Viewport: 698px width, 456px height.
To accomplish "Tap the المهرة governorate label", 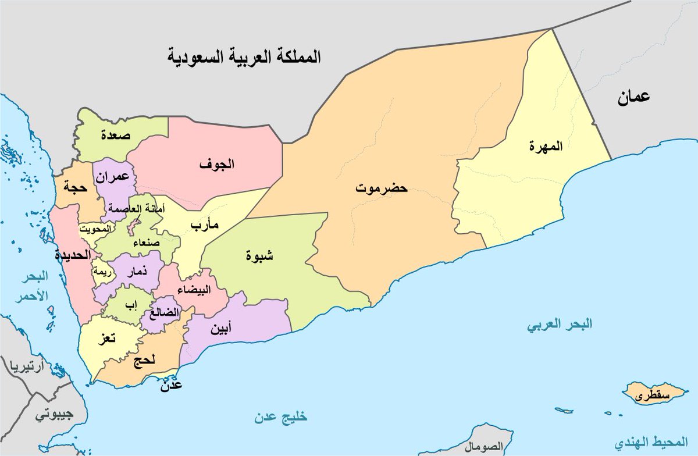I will (x=546, y=147).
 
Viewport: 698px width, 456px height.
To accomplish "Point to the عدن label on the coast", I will (x=170, y=384).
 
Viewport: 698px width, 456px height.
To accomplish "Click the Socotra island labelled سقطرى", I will (x=652, y=396).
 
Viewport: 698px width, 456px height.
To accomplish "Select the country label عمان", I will (x=633, y=97).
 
